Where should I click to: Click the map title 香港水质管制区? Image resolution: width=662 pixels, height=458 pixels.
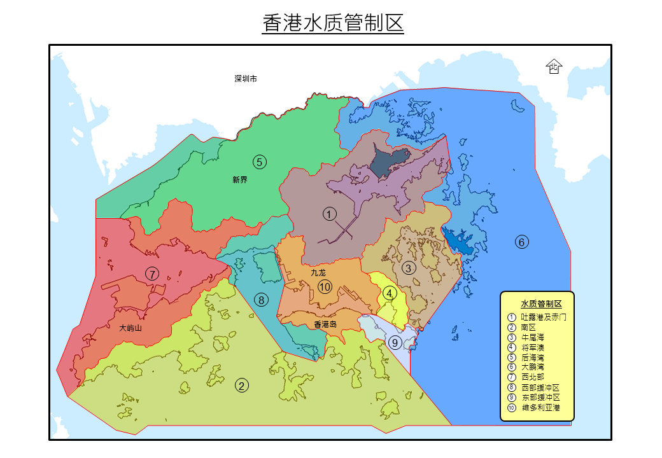(x=333, y=24)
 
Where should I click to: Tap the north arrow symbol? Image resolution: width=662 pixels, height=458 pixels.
(x=554, y=66)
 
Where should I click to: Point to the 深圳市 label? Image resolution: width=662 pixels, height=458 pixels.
(x=246, y=79)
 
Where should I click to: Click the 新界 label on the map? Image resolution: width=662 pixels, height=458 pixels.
(x=240, y=180)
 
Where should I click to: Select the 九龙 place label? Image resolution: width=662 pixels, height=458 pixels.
(x=318, y=273)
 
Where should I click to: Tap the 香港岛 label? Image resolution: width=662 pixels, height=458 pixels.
(x=325, y=324)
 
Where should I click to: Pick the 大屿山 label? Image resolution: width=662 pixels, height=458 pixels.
(x=130, y=329)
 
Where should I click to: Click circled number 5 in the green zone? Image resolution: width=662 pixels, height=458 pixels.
(x=259, y=162)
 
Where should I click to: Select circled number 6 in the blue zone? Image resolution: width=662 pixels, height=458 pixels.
(x=521, y=242)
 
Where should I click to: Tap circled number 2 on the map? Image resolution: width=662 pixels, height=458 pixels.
(x=242, y=385)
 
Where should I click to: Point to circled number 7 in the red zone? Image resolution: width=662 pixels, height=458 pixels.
(x=151, y=274)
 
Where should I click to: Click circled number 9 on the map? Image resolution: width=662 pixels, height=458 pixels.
(x=395, y=343)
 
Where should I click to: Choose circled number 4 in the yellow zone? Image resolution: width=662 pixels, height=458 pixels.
(x=390, y=293)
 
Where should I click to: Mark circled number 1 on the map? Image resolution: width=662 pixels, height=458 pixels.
(x=329, y=214)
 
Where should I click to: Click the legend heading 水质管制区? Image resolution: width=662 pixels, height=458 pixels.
(x=541, y=304)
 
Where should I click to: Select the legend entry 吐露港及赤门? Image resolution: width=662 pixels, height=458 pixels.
(x=543, y=316)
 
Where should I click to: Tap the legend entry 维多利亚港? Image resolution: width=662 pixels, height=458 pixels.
(x=540, y=407)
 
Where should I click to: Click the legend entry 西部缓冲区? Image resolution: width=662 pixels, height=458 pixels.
(x=540, y=387)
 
